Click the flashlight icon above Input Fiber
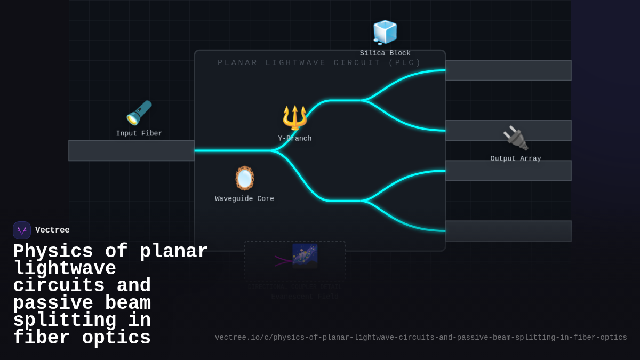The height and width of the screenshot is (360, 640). (139, 113)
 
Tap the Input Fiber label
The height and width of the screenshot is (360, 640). (139, 134)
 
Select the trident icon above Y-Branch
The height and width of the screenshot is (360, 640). (295, 117)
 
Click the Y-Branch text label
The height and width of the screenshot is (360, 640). (295, 139)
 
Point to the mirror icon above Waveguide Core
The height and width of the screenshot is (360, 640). (245, 178)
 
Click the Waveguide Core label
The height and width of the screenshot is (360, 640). (245, 199)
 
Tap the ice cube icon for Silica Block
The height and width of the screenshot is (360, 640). (385, 32)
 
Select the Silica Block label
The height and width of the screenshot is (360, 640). (385, 53)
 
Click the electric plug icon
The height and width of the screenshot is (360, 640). (516, 138)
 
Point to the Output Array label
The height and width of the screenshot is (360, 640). (516, 159)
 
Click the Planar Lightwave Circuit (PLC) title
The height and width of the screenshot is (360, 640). (319, 63)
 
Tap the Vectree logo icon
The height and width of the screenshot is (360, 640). (22, 230)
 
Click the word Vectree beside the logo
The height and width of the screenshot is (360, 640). (52, 230)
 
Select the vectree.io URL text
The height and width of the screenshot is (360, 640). (421, 338)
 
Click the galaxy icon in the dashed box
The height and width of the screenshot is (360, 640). (305, 255)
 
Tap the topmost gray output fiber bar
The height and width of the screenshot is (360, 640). (508, 70)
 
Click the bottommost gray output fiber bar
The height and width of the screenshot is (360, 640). (508, 231)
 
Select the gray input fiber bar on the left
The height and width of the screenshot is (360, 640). (131, 151)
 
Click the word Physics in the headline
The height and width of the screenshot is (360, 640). (53, 252)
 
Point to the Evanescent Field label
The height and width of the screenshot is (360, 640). (305, 297)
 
